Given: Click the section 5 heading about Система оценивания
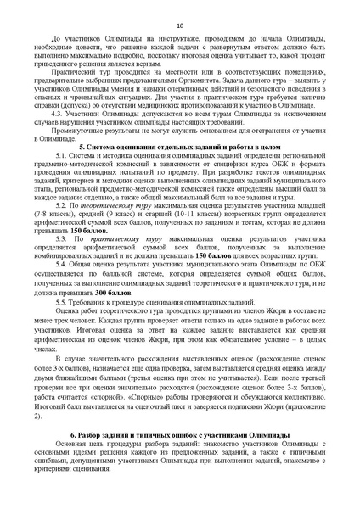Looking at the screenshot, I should point(180,171).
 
